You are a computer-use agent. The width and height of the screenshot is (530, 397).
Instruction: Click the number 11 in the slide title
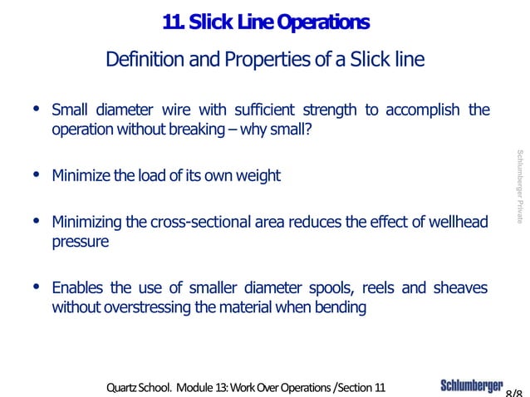pos(174,22)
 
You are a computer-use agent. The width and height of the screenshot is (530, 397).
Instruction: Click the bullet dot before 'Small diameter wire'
pos(34,110)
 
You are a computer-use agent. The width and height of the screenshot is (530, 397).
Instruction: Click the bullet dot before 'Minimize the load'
pos(34,174)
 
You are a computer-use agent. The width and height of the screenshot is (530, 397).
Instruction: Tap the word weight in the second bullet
pos(258,176)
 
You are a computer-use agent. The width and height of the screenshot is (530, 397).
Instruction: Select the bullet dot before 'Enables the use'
pos(34,287)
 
